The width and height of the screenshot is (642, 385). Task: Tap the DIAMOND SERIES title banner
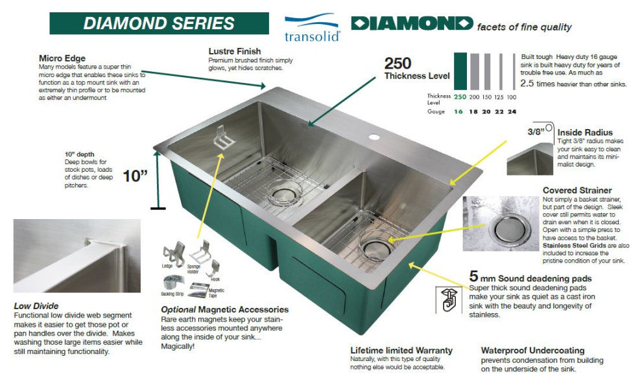159,23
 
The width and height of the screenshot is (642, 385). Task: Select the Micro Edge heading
62,58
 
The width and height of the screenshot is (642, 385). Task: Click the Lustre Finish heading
235,51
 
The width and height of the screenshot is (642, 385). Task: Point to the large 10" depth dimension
136,176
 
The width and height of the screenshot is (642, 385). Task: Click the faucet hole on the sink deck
374,137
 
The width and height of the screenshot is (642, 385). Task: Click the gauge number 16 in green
460,111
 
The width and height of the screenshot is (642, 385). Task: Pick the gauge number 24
512,111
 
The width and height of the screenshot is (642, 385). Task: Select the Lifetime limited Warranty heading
401,351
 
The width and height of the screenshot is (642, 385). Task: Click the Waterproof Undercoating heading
532,351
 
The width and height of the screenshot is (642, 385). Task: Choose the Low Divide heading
36,306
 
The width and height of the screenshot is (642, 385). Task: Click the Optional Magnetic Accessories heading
224,310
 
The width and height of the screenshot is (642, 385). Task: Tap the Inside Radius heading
585,133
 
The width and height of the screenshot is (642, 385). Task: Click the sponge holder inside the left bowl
223,137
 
